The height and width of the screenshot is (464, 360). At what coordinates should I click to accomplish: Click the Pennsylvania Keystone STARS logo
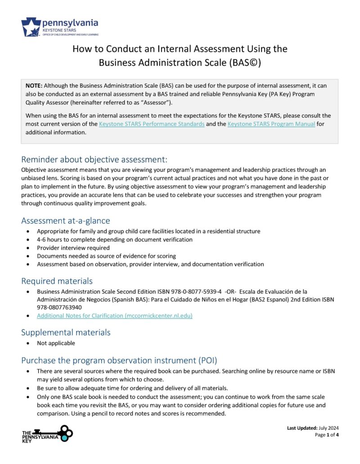[59, 27]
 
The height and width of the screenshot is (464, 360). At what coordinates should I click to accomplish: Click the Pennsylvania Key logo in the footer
[47, 434]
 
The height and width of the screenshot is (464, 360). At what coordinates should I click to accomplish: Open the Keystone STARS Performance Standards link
[152, 124]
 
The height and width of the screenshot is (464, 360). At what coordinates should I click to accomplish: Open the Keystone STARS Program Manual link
[271, 124]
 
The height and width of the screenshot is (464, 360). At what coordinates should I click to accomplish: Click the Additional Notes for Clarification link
[114, 316]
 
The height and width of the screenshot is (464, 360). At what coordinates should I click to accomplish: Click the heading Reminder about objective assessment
[94, 160]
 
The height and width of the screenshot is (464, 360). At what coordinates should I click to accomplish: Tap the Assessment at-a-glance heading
[65, 221]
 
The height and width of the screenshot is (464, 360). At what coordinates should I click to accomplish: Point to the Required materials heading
[57, 281]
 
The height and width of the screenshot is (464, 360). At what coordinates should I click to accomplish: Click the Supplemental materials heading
[65, 333]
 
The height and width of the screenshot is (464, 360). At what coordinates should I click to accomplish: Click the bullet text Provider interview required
[73, 248]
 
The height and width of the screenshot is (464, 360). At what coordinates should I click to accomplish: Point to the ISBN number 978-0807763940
[57, 308]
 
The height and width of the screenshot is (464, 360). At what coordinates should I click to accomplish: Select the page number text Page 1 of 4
[326, 435]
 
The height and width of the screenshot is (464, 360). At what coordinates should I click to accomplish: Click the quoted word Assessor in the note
[154, 103]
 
